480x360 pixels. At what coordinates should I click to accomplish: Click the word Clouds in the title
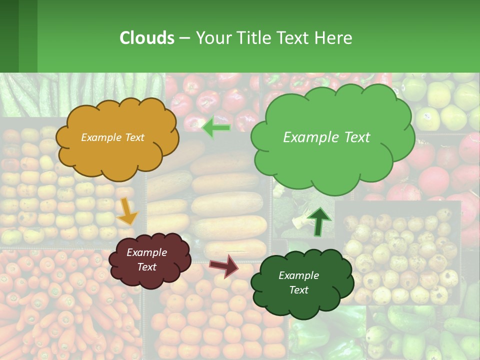coord(147,38)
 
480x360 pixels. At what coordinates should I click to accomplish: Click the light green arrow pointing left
coord(216,128)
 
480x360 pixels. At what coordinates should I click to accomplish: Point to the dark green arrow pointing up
coord(318,221)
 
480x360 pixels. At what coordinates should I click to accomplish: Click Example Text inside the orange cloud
coord(112,137)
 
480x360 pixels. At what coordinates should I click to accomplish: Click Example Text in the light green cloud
coord(326,137)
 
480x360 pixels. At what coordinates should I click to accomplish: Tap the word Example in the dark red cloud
coord(146,252)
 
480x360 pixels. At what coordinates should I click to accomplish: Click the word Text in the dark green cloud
coord(298,290)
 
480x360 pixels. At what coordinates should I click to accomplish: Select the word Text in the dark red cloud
coord(146,267)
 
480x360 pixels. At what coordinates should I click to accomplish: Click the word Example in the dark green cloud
coord(298,275)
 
